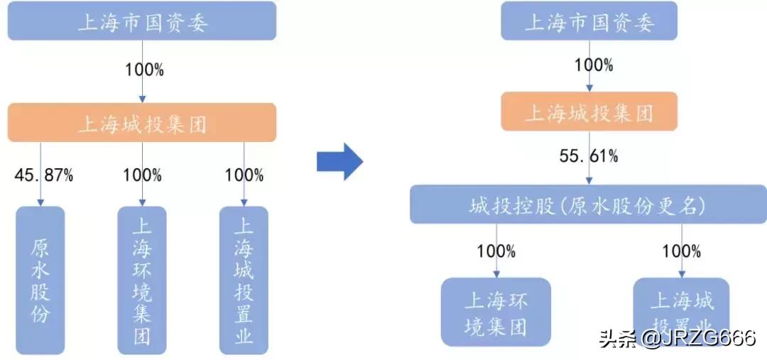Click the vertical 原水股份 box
[40, 279]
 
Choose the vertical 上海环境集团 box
[142, 279]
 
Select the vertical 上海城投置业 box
[244, 279]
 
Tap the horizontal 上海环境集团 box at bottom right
[496, 311]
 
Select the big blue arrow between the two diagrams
[339, 161]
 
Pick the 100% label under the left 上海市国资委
[144, 70]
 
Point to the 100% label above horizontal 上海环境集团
[496, 251]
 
